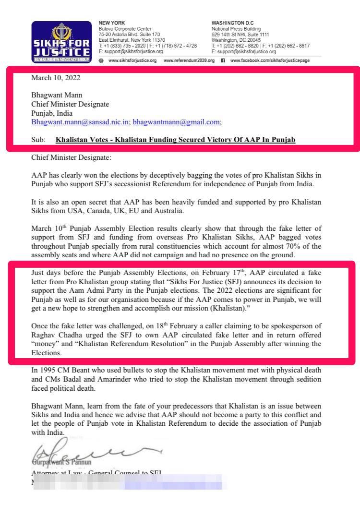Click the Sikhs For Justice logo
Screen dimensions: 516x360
click(x=61, y=42)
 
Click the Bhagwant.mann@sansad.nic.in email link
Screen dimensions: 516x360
click(x=80, y=122)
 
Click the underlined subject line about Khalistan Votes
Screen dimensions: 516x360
click(x=175, y=140)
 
